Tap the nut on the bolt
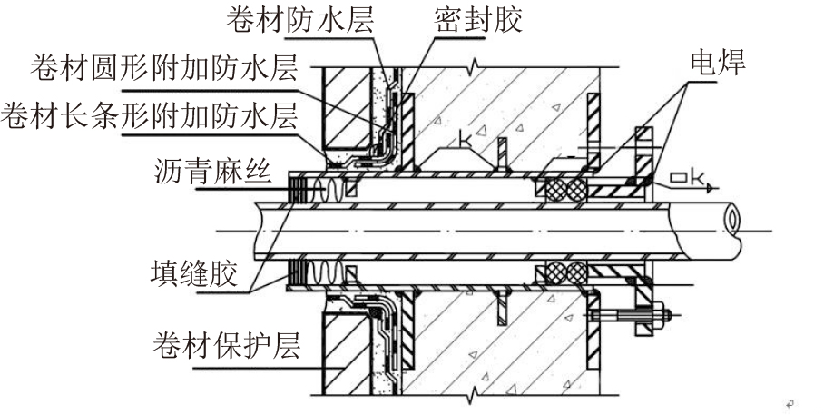657,318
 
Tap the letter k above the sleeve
466,140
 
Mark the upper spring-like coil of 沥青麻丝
329,188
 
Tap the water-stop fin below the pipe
500,306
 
